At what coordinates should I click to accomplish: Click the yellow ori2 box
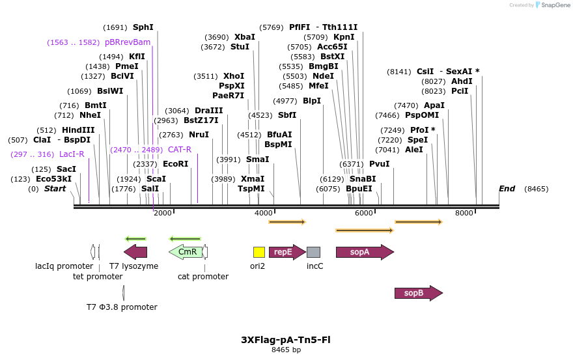click(259, 252)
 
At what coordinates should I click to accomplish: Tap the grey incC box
click(313, 252)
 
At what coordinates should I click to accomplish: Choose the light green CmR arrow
click(186, 252)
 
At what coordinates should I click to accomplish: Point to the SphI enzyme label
click(143, 27)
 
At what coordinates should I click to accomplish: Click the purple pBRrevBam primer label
click(128, 42)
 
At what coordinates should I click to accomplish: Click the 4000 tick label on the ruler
click(263, 214)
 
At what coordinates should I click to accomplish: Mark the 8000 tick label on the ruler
click(464, 214)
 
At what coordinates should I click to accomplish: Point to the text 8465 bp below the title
click(286, 350)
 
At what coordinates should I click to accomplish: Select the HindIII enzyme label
click(78, 130)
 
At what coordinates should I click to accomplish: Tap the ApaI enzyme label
click(434, 105)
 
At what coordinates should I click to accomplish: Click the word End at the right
click(507, 189)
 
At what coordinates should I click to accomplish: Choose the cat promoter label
click(203, 277)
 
